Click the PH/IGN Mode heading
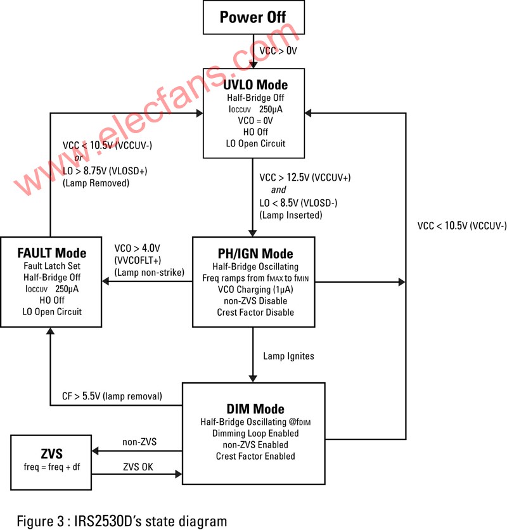[x=253, y=252]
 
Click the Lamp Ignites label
[x=288, y=356]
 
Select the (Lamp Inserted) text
[x=291, y=215]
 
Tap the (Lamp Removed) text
[x=96, y=183]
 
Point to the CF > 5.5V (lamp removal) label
[x=112, y=397]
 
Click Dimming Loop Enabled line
[x=256, y=433]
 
